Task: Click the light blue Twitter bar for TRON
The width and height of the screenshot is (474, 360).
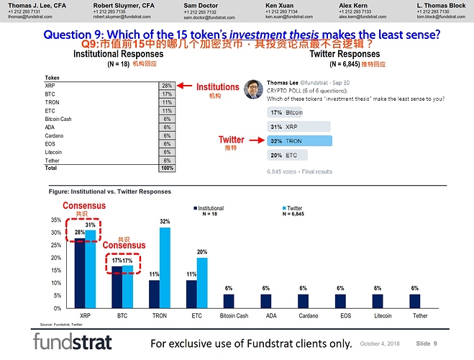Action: point(164,268)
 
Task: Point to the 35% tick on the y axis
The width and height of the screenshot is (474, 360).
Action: point(55,220)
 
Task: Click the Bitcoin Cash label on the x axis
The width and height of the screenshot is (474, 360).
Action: point(233,315)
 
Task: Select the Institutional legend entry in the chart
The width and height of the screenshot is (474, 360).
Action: point(209,208)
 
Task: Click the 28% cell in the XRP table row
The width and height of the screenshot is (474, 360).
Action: point(167,85)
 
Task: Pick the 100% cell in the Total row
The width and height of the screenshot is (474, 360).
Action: point(167,168)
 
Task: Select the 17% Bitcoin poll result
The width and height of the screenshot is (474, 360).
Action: point(286,112)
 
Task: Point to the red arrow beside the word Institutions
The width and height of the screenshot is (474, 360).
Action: point(186,86)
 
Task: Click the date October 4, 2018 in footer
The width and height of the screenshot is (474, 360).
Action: point(383,344)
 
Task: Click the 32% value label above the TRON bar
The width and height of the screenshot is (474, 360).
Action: point(165,221)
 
